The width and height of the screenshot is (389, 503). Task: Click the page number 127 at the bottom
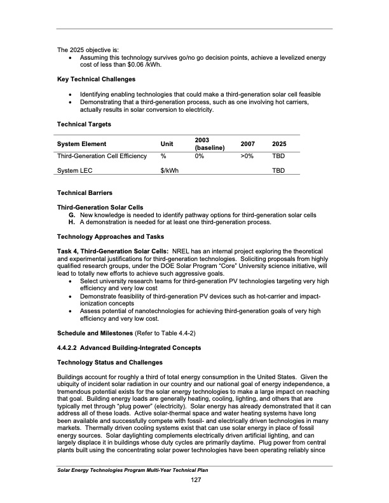click(196, 479)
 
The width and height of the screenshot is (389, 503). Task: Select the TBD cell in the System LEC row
click(278, 171)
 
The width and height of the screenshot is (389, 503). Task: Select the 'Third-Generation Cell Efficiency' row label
click(102, 156)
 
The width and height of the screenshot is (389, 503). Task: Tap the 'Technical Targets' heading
click(83, 124)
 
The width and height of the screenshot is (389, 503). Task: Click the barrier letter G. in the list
click(73, 215)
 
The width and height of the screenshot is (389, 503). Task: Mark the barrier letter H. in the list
click(73, 222)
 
